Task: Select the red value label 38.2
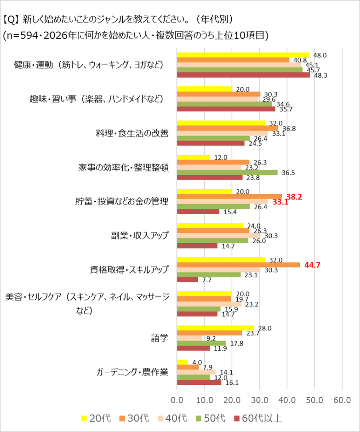click(x=294, y=197)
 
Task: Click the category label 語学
click(x=160, y=338)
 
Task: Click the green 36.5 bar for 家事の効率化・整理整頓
click(x=227, y=172)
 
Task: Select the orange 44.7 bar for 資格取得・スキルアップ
click(x=238, y=265)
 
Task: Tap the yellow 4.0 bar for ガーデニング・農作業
click(x=183, y=362)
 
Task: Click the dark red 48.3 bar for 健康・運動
click(x=243, y=75)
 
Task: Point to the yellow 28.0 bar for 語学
click(x=215, y=328)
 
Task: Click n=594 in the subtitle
click(x=22, y=35)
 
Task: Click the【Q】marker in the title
click(x=11, y=20)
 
